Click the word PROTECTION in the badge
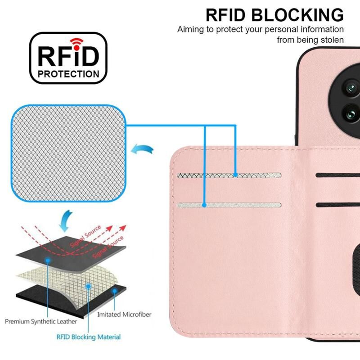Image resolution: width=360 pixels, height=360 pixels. click(x=69, y=74)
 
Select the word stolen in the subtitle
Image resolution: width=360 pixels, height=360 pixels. click(x=332, y=40)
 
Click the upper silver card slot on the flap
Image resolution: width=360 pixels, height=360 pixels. click(x=229, y=175)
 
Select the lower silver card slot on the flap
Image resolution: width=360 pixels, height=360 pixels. click(x=229, y=205)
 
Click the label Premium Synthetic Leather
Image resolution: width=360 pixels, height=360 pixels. click(x=41, y=322)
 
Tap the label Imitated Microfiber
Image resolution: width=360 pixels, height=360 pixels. click(x=124, y=314)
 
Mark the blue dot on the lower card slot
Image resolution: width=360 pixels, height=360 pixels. click(x=205, y=205)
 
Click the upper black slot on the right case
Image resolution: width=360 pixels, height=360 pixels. click(x=337, y=175)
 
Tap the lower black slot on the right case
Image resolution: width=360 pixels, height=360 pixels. click(x=337, y=205)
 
